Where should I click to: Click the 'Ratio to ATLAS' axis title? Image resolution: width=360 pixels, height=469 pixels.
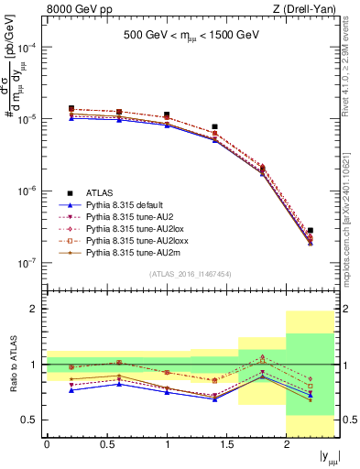[x=11, y=366]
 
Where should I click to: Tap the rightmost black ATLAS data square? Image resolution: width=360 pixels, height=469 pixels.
[x=311, y=231]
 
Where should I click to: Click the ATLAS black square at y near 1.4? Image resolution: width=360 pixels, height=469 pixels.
[x=214, y=127]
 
